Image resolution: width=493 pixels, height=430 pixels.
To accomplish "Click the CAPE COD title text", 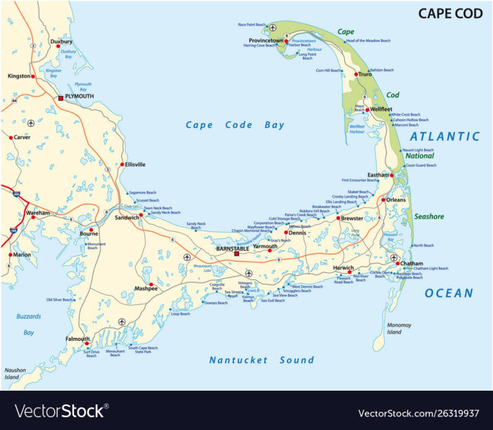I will (450, 13).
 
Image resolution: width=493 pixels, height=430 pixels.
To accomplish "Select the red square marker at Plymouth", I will (60, 97).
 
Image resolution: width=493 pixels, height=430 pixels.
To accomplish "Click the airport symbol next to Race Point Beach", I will (272, 28).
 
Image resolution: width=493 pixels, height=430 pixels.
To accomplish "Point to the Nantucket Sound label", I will (261, 360).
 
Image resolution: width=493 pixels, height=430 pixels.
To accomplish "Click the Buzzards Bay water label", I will (28, 324).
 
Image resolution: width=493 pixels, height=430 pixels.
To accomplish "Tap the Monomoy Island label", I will (399, 329).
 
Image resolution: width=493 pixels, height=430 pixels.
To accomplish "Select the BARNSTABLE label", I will (232, 248).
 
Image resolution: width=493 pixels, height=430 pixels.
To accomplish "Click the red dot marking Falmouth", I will (87, 344).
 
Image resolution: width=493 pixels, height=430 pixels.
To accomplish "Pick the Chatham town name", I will (412, 263).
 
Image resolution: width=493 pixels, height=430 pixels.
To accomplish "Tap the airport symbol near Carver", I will (30, 123).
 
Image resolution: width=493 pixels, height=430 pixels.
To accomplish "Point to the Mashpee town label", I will (146, 289).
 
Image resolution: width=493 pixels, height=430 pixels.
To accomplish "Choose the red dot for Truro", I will (356, 74).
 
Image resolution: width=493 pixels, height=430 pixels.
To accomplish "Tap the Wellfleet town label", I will (381, 109).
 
